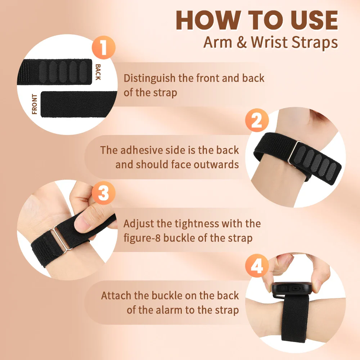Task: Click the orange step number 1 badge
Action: pos(104,48)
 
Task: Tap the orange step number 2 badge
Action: pos(257,120)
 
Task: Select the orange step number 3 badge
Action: pos(104,193)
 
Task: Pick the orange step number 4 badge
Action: pos(257,266)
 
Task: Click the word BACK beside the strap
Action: pos(98,72)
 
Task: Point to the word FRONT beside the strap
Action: pos(35,104)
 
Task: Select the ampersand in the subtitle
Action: pos(242,42)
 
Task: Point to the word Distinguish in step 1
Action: pos(149,78)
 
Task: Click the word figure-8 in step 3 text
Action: pos(142,238)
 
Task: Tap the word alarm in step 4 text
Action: pos(170,310)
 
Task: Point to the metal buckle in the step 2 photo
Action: pos(293,152)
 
